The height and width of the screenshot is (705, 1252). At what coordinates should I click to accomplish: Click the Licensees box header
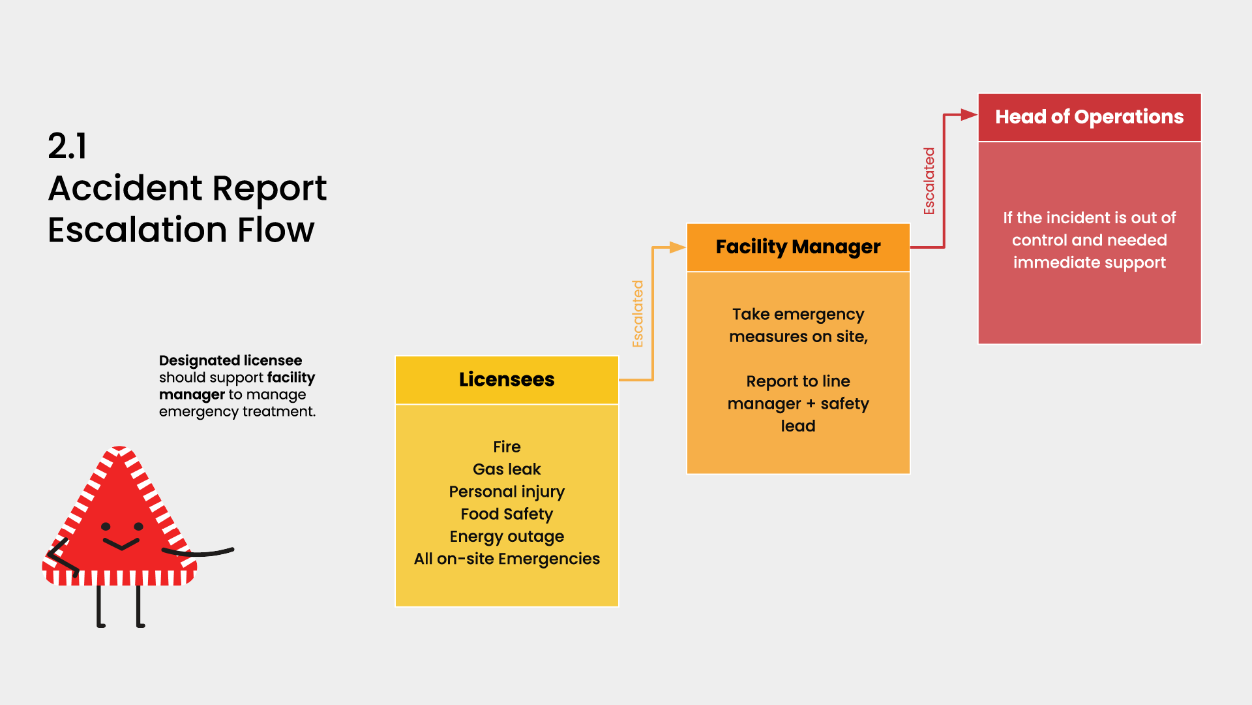[x=507, y=380]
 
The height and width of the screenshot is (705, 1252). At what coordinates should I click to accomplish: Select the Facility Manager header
[x=798, y=247]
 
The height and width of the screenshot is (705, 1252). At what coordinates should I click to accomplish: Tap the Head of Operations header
[x=1089, y=117]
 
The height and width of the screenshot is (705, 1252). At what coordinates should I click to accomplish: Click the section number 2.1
[x=67, y=146]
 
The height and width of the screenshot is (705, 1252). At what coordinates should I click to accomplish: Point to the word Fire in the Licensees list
[x=507, y=447]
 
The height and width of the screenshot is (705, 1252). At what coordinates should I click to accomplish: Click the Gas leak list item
[x=507, y=469]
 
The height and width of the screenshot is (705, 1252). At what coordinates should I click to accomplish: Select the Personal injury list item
[x=507, y=492]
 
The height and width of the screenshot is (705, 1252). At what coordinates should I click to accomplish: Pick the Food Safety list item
[x=507, y=514]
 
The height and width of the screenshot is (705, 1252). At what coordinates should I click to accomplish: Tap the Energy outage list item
[x=507, y=537]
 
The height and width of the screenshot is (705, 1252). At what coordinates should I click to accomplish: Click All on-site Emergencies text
[x=507, y=559]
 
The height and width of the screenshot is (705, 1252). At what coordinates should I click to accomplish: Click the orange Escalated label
[x=638, y=314]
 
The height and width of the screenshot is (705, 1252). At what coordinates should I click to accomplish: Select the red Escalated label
[x=929, y=181]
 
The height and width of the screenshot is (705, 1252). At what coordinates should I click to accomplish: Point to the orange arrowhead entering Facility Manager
[x=678, y=247]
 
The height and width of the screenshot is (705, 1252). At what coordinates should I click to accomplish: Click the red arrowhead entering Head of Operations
[x=969, y=116]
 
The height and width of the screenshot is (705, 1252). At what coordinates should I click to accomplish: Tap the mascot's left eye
[x=106, y=526]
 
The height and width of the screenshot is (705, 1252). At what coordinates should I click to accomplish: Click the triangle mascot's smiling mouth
[x=121, y=544]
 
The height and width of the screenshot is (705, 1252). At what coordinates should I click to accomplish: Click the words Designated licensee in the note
[x=230, y=360]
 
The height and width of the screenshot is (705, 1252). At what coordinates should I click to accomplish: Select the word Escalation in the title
[x=138, y=230]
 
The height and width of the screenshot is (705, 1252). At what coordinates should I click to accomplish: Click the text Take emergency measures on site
[x=798, y=325]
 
